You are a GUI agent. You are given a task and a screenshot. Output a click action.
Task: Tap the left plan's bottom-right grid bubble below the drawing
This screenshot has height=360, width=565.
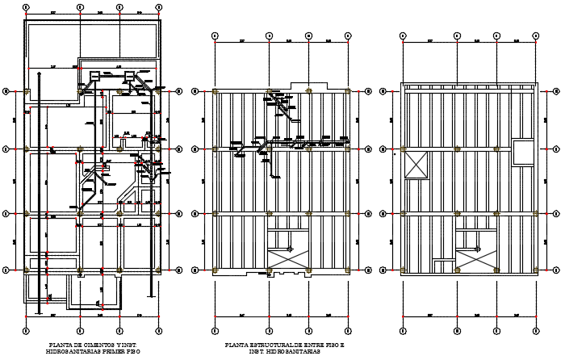coord(159,330)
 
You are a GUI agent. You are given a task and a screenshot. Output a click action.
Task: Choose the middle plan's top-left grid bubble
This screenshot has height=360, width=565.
coord(216,36)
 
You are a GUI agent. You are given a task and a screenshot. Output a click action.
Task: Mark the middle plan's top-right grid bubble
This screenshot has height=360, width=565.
coord(348,36)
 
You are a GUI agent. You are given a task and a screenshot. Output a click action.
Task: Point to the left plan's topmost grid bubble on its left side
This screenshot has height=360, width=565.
coord(7,90)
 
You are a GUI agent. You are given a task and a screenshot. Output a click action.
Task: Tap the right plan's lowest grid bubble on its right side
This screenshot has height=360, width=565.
coord(556,270)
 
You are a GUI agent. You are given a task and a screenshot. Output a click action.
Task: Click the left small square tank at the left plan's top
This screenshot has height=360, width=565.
coord(95,77)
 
